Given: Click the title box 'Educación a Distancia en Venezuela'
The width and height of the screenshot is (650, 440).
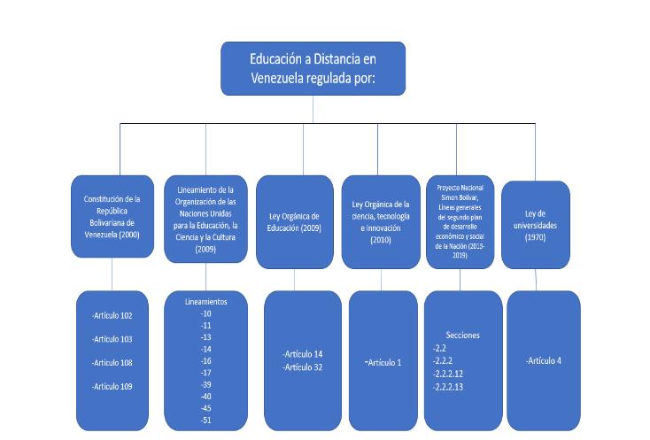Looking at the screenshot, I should (x=313, y=68).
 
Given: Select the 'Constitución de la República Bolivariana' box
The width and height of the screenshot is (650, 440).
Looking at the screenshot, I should (x=112, y=216).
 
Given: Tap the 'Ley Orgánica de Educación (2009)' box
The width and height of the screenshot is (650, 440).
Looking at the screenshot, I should (x=295, y=222).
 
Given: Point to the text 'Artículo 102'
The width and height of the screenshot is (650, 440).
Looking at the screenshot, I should (x=113, y=315).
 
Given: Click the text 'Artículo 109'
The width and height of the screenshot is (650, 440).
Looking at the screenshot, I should (x=113, y=386).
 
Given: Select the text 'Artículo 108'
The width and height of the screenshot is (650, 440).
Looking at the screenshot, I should (x=113, y=363).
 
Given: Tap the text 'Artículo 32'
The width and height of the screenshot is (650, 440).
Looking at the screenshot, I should (x=301, y=367).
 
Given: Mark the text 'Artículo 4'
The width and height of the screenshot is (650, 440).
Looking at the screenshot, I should (x=544, y=360).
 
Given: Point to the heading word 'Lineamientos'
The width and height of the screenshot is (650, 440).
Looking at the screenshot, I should (x=205, y=302).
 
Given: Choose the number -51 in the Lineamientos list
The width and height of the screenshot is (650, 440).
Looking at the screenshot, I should (x=205, y=421).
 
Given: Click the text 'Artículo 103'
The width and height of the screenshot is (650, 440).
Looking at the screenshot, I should (x=113, y=339).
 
